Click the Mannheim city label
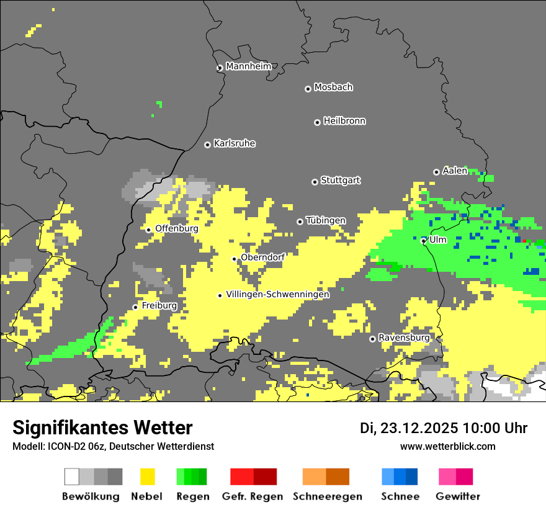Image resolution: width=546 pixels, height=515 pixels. (249, 66)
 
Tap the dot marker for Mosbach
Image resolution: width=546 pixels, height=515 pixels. (308, 89)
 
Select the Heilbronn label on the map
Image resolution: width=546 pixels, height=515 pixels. (344, 121)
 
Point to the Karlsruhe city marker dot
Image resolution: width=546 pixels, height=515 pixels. (207, 145)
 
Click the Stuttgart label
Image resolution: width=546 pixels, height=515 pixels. (340, 181)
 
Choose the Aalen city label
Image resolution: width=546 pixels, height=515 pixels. (455, 171)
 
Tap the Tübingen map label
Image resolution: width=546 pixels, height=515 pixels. (326, 220)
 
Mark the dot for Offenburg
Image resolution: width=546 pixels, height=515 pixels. (148, 230)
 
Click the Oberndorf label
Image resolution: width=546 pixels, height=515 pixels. (262, 257)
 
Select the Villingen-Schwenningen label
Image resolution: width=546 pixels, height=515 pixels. (277, 294)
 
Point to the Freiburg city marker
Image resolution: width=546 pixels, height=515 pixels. (135, 307)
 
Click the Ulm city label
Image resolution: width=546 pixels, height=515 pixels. (438, 240)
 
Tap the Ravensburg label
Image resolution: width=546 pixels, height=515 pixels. (404, 338)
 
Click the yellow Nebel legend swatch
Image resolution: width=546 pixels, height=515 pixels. (147, 477)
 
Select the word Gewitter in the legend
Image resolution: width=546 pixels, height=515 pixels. (457, 496)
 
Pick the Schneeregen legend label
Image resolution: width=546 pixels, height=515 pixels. (327, 496)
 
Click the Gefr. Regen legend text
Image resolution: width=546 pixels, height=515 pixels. (253, 496)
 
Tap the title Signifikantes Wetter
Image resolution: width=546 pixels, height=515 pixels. (102, 428)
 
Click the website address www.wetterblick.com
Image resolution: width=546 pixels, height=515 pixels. (447, 446)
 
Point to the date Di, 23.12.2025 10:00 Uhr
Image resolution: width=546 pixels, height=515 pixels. (443, 428)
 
